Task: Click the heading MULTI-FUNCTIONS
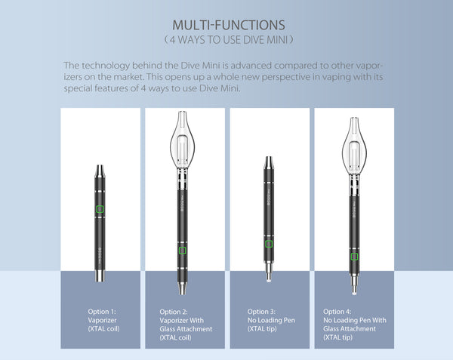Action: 229,25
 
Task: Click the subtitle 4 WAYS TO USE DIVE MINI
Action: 229,39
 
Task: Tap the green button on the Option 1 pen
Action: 100,209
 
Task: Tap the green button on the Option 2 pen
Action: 182,251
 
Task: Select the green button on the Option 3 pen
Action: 269,244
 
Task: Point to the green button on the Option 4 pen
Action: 355,257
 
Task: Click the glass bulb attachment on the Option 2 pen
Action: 182,140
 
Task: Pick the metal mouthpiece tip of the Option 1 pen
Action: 100,171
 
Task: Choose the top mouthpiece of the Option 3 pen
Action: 269,162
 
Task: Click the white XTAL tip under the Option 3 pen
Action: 269,278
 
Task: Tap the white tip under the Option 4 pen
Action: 355,291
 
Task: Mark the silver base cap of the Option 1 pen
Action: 100,275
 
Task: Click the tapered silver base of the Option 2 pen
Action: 182,288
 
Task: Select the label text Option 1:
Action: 102,312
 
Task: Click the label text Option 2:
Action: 174,312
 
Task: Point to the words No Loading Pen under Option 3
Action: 271,321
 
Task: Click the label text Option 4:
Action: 337,312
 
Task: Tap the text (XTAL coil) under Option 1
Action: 103,329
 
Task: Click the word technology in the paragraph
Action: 106,66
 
